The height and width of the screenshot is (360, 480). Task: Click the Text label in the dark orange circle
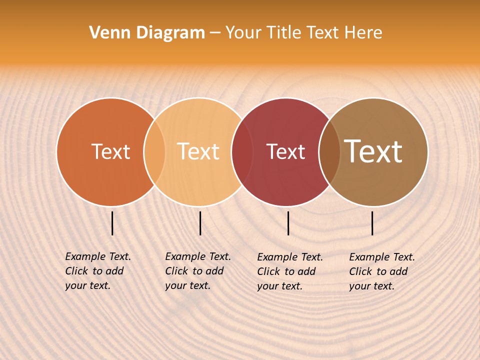(110, 151)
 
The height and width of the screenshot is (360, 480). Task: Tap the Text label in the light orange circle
(198, 151)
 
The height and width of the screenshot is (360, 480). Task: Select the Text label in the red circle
(285, 151)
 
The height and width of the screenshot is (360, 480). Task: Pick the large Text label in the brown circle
(373, 151)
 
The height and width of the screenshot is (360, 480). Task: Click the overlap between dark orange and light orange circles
(154, 152)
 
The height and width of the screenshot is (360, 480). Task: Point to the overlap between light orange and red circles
(242, 152)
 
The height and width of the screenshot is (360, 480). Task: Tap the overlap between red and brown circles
(329, 152)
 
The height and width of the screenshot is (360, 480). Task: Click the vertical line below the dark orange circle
(112, 223)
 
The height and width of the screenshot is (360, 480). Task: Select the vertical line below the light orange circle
(200, 223)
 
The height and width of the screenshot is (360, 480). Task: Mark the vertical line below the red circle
(288, 223)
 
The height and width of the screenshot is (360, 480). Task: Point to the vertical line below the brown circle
(372, 223)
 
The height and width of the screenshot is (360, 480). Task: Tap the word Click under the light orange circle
(176, 271)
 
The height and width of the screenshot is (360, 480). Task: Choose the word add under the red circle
(306, 271)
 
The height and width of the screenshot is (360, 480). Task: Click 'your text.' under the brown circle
(371, 286)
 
